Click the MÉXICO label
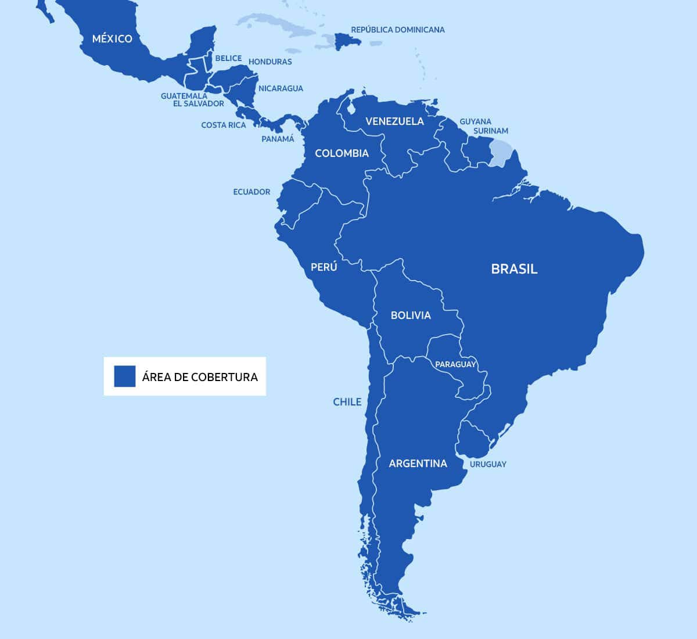pyautogui.click(x=112, y=39)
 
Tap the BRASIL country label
pyautogui.click(x=514, y=269)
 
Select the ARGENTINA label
pyautogui.click(x=418, y=464)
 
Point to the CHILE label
pyautogui.click(x=347, y=402)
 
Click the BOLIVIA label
pyautogui.click(x=411, y=315)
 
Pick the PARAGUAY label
pyautogui.click(x=455, y=364)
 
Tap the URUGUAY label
pyautogui.click(x=488, y=464)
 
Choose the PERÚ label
pyautogui.click(x=324, y=267)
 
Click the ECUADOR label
pyautogui.click(x=252, y=192)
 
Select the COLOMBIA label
pyautogui.click(x=342, y=153)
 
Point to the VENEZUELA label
pyautogui.click(x=394, y=121)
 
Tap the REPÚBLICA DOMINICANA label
pyautogui.click(x=398, y=30)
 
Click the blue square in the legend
pyautogui.click(x=124, y=376)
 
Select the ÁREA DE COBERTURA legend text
pyautogui.click(x=200, y=376)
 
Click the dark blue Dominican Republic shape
pyautogui.click(x=348, y=41)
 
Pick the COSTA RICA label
pyautogui.click(x=223, y=125)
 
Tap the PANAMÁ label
pyautogui.click(x=278, y=139)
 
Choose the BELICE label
pyautogui.click(x=228, y=58)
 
